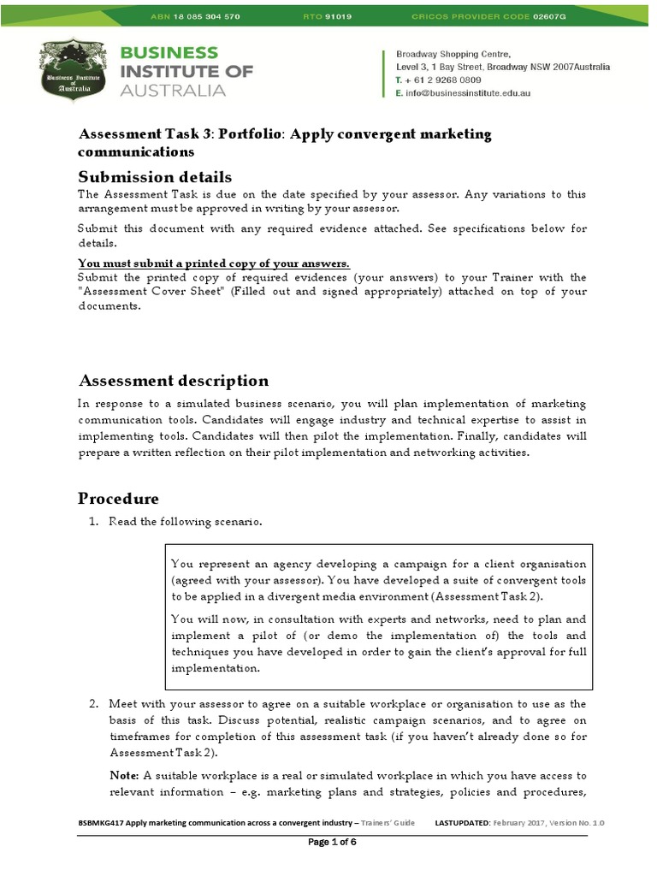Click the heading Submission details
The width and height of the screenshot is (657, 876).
(x=155, y=177)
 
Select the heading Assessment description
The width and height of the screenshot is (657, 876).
(x=173, y=381)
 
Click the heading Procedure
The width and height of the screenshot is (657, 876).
(x=118, y=498)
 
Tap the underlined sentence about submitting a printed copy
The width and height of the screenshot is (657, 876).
(x=214, y=263)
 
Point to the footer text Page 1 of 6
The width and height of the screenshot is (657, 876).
(x=331, y=842)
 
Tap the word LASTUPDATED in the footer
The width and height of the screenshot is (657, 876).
(x=462, y=822)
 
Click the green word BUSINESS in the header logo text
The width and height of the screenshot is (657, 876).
(x=170, y=52)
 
